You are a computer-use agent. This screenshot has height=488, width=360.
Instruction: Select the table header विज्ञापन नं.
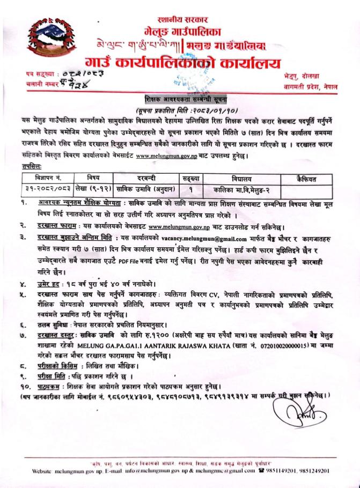click(43, 177)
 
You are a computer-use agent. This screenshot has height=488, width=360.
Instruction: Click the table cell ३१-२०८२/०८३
click(43, 188)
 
